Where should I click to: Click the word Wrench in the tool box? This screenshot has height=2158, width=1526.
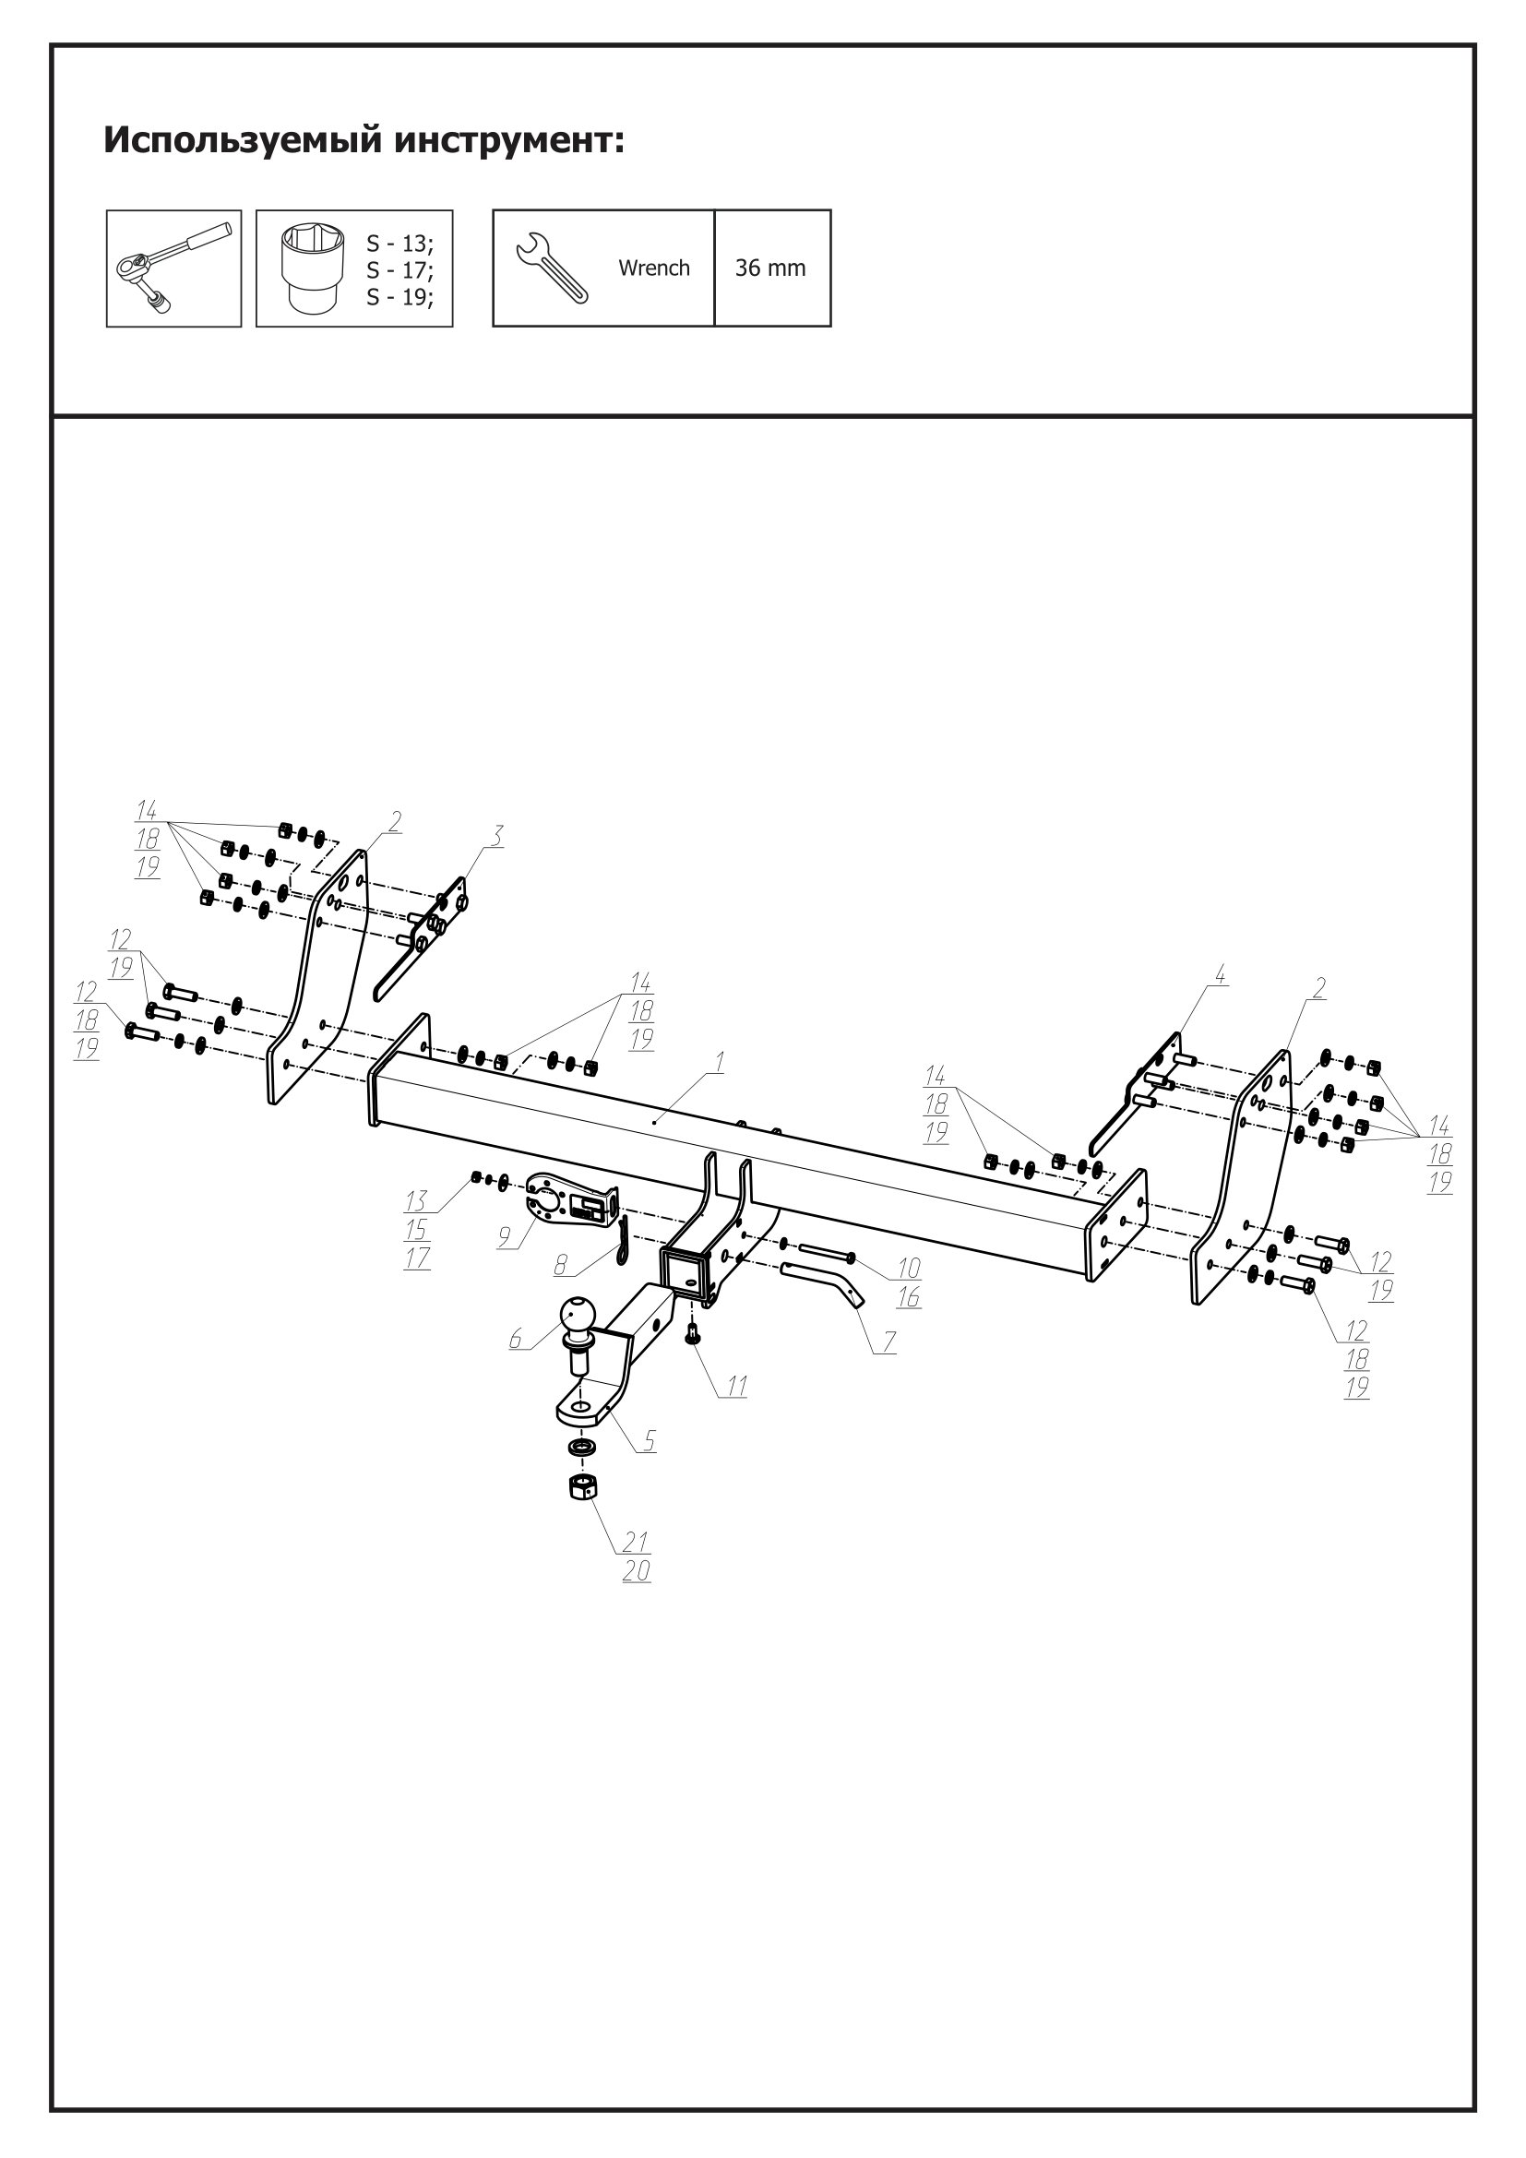653,268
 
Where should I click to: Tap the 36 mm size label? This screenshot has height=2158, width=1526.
769,268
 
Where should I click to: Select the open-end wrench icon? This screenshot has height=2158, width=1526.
553,268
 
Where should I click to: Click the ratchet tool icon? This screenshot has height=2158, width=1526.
173,268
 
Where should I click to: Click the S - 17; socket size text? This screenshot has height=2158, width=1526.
399,270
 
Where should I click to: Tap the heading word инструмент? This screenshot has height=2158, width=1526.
508,140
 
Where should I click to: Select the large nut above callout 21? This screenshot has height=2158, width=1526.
584,1488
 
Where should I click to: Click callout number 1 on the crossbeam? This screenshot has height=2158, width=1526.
719,1062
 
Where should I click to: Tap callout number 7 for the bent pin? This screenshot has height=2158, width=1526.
888,1342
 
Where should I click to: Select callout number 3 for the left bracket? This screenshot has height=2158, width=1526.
496,835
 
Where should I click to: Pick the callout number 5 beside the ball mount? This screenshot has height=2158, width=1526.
649,1440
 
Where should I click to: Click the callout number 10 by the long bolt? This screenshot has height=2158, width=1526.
909,1268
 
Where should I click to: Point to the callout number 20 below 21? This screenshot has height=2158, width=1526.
637,1570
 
